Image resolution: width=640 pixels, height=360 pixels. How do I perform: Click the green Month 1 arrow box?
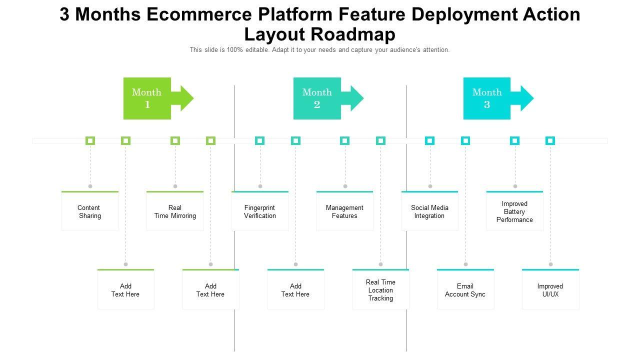[147, 98]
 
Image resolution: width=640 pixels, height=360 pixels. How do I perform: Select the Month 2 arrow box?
[317, 98]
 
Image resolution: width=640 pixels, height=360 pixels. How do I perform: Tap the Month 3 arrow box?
[487, 98]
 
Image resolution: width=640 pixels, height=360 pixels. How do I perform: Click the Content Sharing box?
[90, 211]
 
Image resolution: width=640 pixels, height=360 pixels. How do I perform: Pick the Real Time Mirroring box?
[175, 211]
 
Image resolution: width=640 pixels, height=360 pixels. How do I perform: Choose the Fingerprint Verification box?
[260, 211]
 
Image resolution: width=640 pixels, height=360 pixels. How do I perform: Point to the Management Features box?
[344, 211]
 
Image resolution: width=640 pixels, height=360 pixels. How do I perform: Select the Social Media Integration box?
[429, 211]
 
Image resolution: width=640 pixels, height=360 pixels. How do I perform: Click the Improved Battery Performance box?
[514, 211]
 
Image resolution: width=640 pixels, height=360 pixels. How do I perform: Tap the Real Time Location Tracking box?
[380, 290]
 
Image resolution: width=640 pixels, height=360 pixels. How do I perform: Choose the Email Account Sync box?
[465, 290]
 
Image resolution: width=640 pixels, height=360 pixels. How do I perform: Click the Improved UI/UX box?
[550, 290]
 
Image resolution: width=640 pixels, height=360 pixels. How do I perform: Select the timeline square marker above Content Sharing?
[90, 141]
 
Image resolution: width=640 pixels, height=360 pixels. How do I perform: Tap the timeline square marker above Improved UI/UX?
[550, 141]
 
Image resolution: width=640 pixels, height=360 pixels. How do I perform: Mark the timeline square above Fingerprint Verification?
[259, 141]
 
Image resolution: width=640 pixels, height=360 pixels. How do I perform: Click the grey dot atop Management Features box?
[345, 186]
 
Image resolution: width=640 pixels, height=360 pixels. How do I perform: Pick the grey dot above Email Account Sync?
[465, 264]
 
